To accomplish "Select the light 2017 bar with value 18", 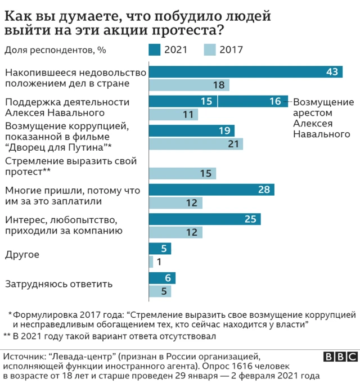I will (x=189, y=85).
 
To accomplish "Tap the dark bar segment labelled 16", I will (x=253, y=101).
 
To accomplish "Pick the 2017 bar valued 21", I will (x=196, y=144).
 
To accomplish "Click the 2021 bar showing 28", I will (x=211, y=190).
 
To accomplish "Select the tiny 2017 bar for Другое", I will (x=151, y=262).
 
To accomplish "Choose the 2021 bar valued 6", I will (x=162, y=278).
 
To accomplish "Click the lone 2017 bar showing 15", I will (x=182, y=173).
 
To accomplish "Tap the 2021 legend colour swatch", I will (x=155, y=49).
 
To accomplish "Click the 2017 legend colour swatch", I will (x=210, y=49).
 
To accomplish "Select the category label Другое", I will (x=21, y=254).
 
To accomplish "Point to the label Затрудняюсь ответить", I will (x=58, y=284).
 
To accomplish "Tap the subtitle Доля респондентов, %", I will (x=55, y=49).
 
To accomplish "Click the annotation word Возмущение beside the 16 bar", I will (x=324, y=102).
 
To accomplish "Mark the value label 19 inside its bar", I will (x=224, y=130).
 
